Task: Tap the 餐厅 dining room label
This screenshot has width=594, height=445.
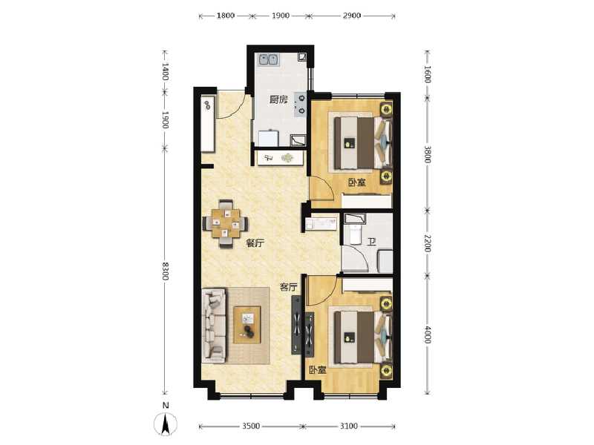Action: [255, 243]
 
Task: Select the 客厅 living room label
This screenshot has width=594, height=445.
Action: [289, 286]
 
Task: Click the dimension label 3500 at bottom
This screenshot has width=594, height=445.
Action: [250, 426]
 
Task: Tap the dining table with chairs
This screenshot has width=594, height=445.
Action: [226, 222]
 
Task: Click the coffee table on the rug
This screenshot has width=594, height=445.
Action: [247, 325]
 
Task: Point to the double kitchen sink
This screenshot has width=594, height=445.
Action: [267, 59]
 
